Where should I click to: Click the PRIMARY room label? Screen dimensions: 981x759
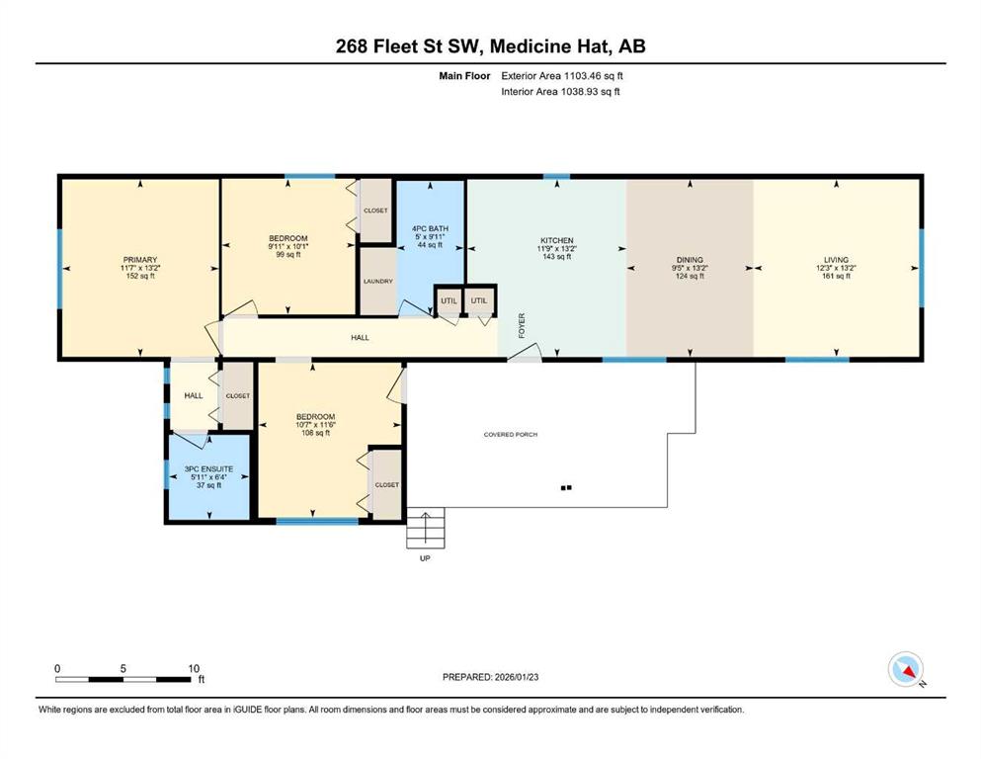pyautogui.click(x=140, y=260)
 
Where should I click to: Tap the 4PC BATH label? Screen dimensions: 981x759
pyautogui.click(x=430, y=229)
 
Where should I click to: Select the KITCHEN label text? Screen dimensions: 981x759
pyautogui.click(x=557, y=240)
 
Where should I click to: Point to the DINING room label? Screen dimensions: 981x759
pyautogui.click(x=691, y=260)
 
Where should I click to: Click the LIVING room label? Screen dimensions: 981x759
pyautogui.click(x=837, y=260)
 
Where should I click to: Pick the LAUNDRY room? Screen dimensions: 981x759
pyautogui.click(x=378, y=282)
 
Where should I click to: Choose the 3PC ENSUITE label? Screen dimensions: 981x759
pyautogui.click(x=208, y=468)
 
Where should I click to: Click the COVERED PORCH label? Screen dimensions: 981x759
pyautogui.click(x=511, y=434)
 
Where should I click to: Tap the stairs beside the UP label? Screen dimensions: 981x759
pyautogui.click(x=426, y=528)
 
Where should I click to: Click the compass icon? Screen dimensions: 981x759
pyautogui.click(x=905, y=669)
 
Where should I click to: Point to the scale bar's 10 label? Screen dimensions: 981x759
pyautogui.click(x=194, y=668)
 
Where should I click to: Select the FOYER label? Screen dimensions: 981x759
pyautogui.click(x=522, y=326)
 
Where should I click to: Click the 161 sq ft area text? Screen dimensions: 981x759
pyautogui.click(x=837, y=276)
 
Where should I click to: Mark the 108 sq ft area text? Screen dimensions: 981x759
pyautogui.click(x=316, y=433)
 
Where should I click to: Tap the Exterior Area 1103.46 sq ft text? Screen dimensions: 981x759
pyautogui.click(x=562, y=76)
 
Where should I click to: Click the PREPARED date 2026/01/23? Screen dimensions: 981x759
pyautogui.click(x=516, y=677)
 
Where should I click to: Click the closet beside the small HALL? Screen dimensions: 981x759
pyautogui.click(x=238, y=396)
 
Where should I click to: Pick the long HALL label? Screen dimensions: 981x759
pyautogui.click(x=360, y=338)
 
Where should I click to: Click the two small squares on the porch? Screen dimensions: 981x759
pyautogui.click(x=566, y=487)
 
